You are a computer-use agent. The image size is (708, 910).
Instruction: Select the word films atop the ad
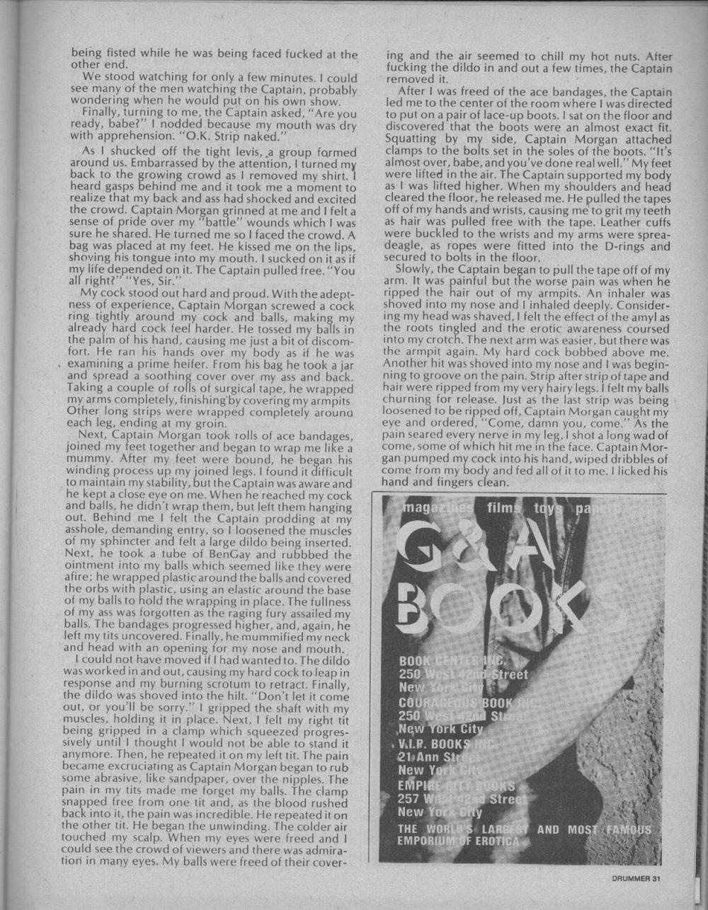[x=503, y=509]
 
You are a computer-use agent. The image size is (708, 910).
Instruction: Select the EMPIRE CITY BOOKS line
[x=457, y=785]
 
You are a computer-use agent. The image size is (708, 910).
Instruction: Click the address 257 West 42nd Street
[x=461, y=799]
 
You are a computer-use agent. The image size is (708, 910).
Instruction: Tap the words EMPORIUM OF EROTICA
[x=459, y=841]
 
